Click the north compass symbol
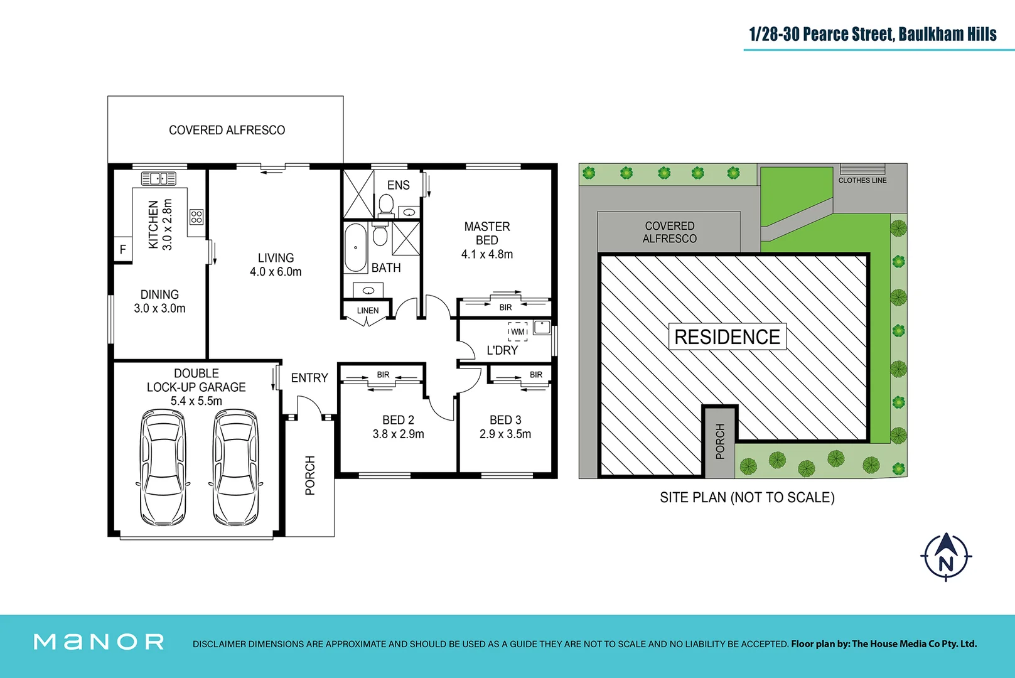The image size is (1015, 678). (946, 557)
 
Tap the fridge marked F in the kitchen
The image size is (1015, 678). (123, 250)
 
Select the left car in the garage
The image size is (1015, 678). (163, 468)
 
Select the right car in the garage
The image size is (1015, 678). (235, 468)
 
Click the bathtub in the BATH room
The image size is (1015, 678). (355, 247)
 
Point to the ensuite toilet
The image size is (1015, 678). (387, 205)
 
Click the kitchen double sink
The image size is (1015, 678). (158, 179)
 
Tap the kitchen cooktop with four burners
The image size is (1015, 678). (196, 217)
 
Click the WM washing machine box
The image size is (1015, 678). (518, 331)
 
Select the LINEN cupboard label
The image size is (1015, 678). (368, 311)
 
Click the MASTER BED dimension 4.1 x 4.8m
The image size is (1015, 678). (487, 254)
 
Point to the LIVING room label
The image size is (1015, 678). (276, 258)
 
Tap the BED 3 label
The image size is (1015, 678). (505, 420)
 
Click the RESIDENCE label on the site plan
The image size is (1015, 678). (727, 337)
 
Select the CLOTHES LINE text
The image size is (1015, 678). (862, 180)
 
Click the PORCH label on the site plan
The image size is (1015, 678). (720, 441)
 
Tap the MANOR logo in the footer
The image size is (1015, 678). (99, 642)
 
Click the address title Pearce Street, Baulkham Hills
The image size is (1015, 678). (873, 34)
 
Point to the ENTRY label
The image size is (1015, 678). (309, 378)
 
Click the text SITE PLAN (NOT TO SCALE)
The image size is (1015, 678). (747, 498)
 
